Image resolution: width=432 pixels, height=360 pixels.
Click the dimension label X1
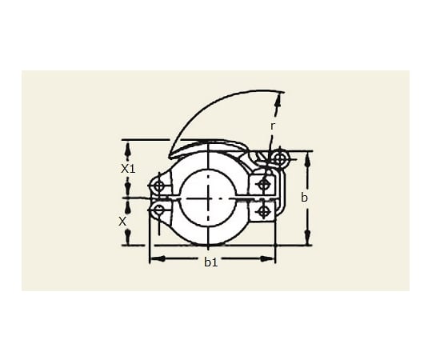point(127,170)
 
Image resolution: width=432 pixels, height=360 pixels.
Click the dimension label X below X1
point(122,220)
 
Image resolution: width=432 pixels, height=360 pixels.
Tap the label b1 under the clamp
point(210,262)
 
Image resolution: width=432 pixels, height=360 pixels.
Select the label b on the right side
point(304,197)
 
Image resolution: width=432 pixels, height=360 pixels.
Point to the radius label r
point(273,126)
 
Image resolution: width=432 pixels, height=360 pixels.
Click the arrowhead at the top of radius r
point(279,98)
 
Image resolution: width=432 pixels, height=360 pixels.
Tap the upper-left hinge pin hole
point(159,187)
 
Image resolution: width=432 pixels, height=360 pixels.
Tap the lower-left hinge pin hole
point(159,210)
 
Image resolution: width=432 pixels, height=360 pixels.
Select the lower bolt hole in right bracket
point(263,211)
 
